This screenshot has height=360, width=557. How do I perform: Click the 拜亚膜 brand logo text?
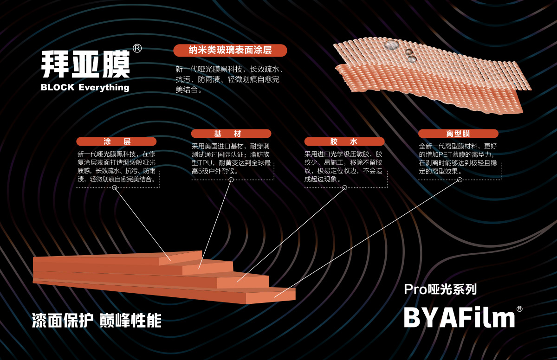85,64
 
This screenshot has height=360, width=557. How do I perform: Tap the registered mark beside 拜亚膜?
137,48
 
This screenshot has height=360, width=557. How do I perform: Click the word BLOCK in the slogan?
58,88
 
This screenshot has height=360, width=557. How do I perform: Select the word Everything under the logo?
104,88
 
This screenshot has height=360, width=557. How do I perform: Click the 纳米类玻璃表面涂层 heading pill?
230,50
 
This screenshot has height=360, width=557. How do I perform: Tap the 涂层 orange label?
117,141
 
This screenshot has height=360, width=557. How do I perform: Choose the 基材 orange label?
231,134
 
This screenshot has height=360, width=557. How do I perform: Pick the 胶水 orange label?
344,141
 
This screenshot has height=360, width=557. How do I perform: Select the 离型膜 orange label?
458,134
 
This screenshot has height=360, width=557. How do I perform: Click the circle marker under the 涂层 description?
114,187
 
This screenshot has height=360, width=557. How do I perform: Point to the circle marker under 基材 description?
231,180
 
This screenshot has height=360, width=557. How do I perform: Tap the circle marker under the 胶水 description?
344,187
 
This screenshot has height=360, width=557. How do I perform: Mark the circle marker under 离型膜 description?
460,180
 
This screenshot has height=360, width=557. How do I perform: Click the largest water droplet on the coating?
392,45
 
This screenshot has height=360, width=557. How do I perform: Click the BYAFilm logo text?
459,318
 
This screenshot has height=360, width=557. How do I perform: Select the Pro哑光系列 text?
440,289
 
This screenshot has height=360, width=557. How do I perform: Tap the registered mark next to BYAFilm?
519,309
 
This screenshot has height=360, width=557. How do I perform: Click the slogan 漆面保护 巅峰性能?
97,321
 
